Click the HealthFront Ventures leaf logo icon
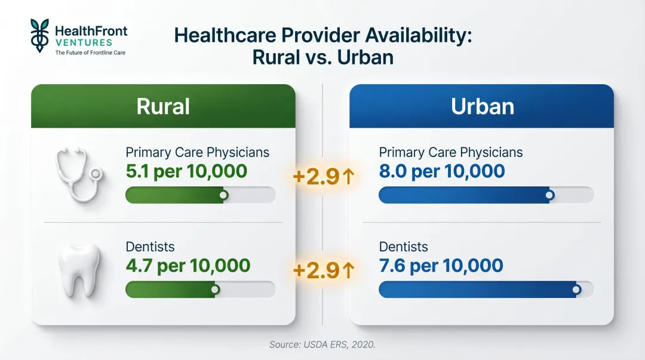click(40, 35)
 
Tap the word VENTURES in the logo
click(83, 42)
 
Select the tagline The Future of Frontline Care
click(90, 53)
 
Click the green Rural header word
click(163, 106)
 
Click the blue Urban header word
click(482, 106)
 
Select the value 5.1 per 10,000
click(186, 171)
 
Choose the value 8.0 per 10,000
click(442, 171)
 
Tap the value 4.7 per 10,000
click(188, 265)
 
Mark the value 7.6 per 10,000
click(441, 265)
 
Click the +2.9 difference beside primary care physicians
click(324, 176)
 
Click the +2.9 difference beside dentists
click(324, 270)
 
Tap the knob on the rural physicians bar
click(223, 195)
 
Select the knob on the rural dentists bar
click(215, 289)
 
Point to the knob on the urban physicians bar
click(549, 195)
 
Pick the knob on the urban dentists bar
click(576, 289)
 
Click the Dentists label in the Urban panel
click(403, 247)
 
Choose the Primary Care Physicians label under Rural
click(197, 152)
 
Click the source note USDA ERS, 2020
click(322, 345)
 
